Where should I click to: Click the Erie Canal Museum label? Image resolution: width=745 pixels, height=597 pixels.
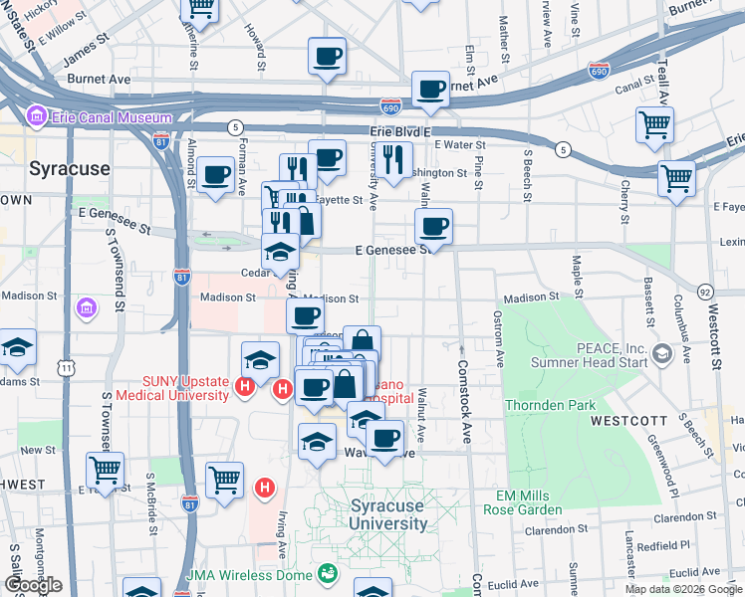[110, 117]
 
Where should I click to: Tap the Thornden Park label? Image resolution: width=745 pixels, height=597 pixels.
[550, 405]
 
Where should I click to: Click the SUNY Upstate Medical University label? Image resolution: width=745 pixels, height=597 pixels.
[171, 387]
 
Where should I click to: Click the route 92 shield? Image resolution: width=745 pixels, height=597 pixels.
[705, 293]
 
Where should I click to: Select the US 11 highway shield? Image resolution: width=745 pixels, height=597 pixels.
[66, 368]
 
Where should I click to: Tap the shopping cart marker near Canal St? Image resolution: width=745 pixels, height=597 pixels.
[654, 125]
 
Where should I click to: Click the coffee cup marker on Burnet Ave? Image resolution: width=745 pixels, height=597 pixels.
[430, 90]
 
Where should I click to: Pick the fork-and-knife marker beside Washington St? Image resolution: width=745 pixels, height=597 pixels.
[395, 158]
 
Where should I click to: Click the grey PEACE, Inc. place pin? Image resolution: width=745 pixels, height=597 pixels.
[660, 353]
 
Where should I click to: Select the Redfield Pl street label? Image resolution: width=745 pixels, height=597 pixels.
[663, 545]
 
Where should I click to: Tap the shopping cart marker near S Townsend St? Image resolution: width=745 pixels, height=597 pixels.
[105, 471]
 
